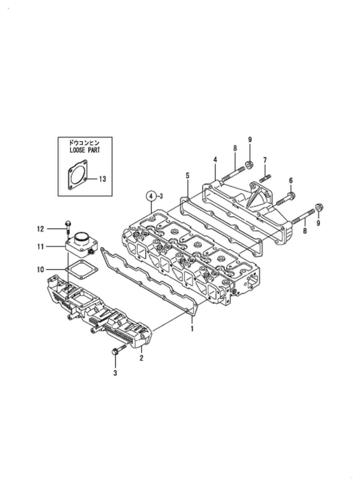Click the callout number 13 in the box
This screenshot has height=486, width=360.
(x=102, y=179)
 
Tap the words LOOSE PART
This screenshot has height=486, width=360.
(x=84, y=150)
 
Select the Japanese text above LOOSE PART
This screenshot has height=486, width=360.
(x=84, y=143)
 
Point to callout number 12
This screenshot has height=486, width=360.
(x=40, y=229)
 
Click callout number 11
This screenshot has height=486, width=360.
(x=40, y=247)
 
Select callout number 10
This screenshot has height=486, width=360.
(x=40, y=269)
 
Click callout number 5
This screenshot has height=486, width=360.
(x=188, y=176)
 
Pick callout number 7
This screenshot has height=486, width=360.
(x=265, y=161)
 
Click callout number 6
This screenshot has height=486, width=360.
(x=291, y=181)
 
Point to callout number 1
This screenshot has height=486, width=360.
(x=192, y=335)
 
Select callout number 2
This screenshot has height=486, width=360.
(x=142, y=358)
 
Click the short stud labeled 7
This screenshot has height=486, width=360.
(x=265, y=178)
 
